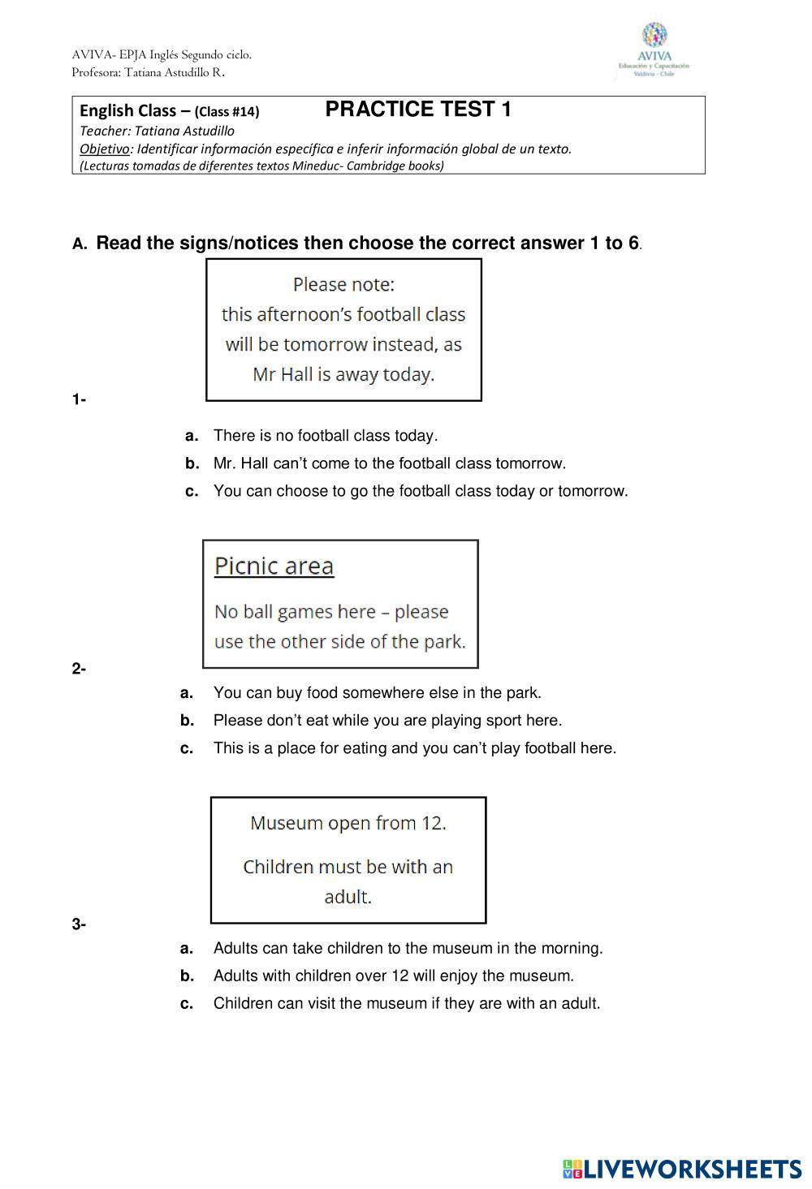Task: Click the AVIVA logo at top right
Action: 654,50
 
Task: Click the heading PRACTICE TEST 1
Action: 418,110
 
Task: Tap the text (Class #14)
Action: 227,112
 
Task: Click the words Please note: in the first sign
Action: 343,285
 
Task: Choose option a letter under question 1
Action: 192,436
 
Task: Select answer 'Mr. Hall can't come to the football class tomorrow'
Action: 390,463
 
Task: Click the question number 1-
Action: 79,399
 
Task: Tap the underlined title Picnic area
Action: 274,566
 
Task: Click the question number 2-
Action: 79,669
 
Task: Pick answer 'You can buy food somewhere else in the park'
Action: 377,693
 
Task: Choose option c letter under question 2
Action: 187,748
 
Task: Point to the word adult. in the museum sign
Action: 348,897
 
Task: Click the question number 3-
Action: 79,924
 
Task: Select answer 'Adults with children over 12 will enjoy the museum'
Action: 393,976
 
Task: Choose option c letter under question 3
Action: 187,1003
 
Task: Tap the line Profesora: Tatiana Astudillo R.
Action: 148,72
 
